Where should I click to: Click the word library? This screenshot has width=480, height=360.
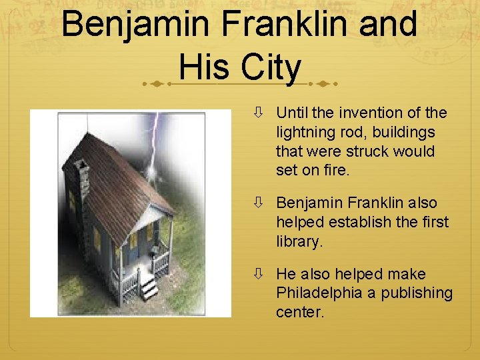pos(299,241)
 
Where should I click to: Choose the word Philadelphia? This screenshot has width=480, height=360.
pos(324,293)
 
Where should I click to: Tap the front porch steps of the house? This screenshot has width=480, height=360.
pos(149,288)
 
